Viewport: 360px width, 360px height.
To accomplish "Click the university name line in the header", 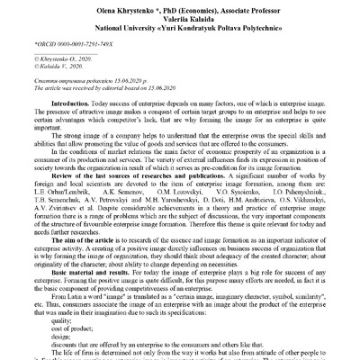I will [x=181, y=25].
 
